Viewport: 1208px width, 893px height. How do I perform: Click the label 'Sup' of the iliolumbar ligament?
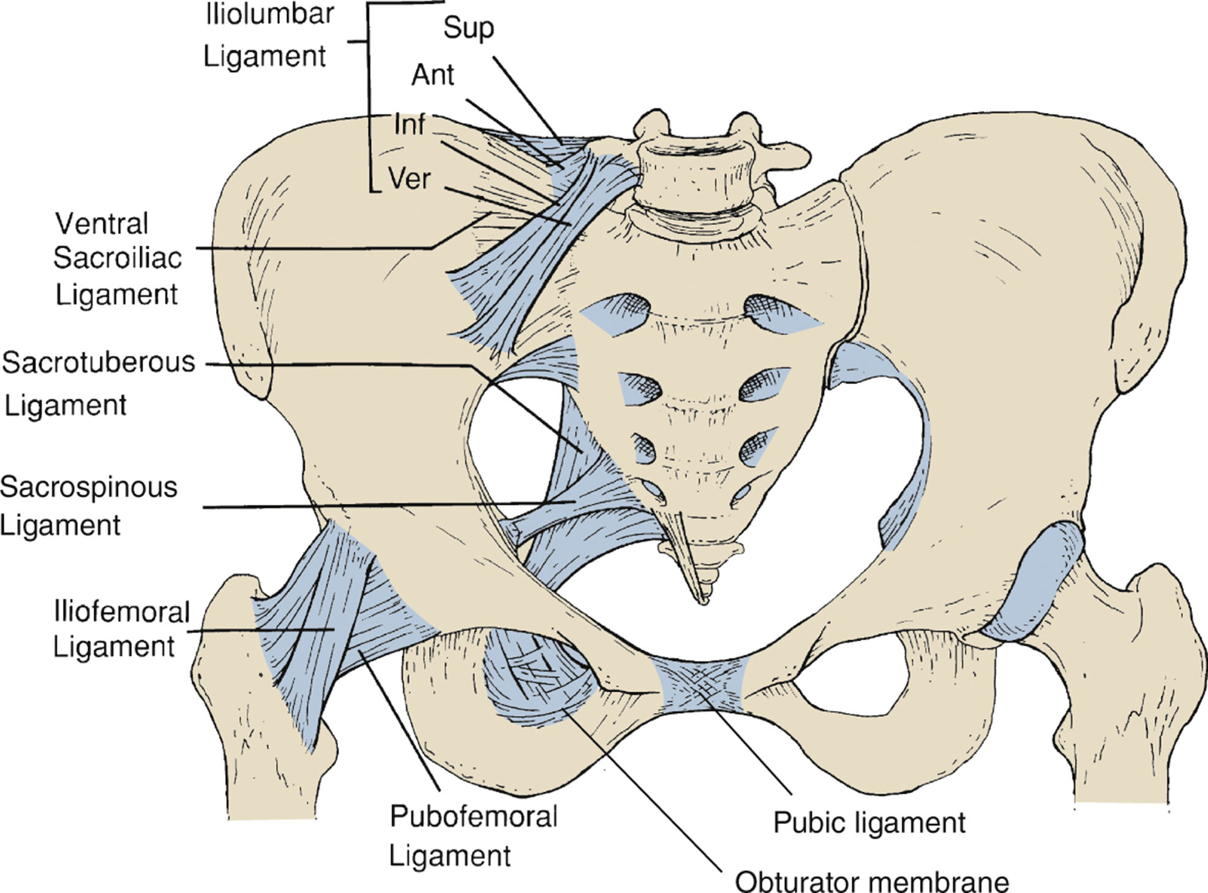(468, 28)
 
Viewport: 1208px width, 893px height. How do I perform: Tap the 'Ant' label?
(432, 75)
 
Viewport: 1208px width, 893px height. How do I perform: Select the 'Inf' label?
(409, 124)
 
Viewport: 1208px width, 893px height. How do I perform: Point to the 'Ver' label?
(409, 179)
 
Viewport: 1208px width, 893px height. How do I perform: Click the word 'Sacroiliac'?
(118, 258)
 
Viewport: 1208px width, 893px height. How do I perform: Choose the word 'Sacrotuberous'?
(98, 363)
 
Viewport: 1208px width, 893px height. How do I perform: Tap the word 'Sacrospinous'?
(89, 488)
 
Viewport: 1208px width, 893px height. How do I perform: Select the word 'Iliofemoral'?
(122, 612)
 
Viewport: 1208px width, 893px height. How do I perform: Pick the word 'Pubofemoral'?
(474, 816)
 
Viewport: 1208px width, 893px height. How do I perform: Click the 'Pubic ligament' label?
(869, 823)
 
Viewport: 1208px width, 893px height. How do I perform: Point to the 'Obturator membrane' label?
(872, 882)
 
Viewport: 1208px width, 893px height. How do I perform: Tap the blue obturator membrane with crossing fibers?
(533, 680)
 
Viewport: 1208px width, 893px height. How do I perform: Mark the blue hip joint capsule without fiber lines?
(1035, 582)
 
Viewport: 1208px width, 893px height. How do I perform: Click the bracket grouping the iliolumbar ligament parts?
(369, 98)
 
